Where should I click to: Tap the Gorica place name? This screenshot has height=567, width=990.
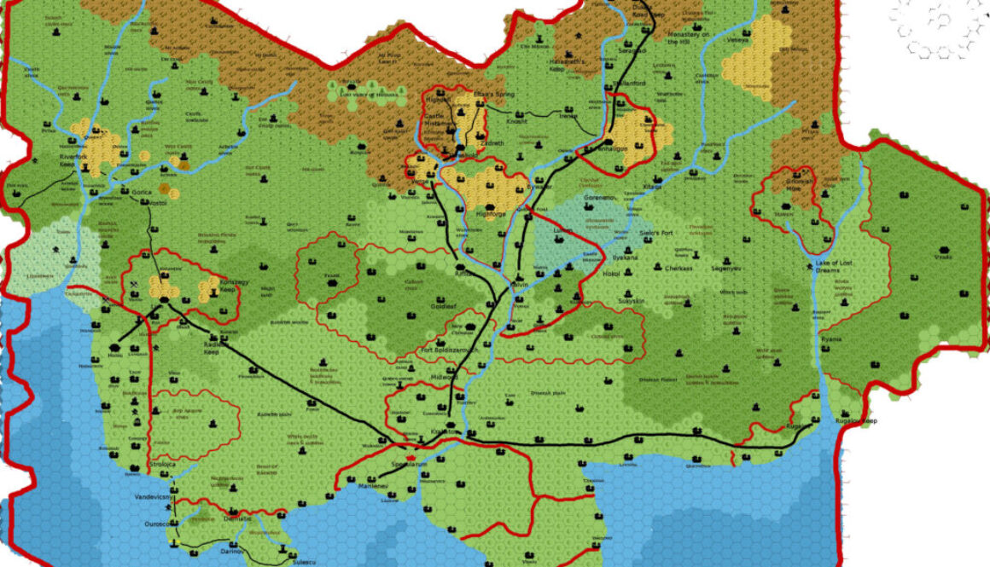pyautogui.click(x=141, y=193)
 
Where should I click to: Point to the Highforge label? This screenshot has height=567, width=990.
pyautogui.click(x=491, y=214)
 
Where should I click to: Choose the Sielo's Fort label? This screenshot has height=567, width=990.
pyautogui.click(x=656, y=232)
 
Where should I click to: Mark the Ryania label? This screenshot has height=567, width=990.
pyautogui.click(x=831, y=339)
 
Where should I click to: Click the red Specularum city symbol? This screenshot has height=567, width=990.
pyautogui.click(x=411, y=460)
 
